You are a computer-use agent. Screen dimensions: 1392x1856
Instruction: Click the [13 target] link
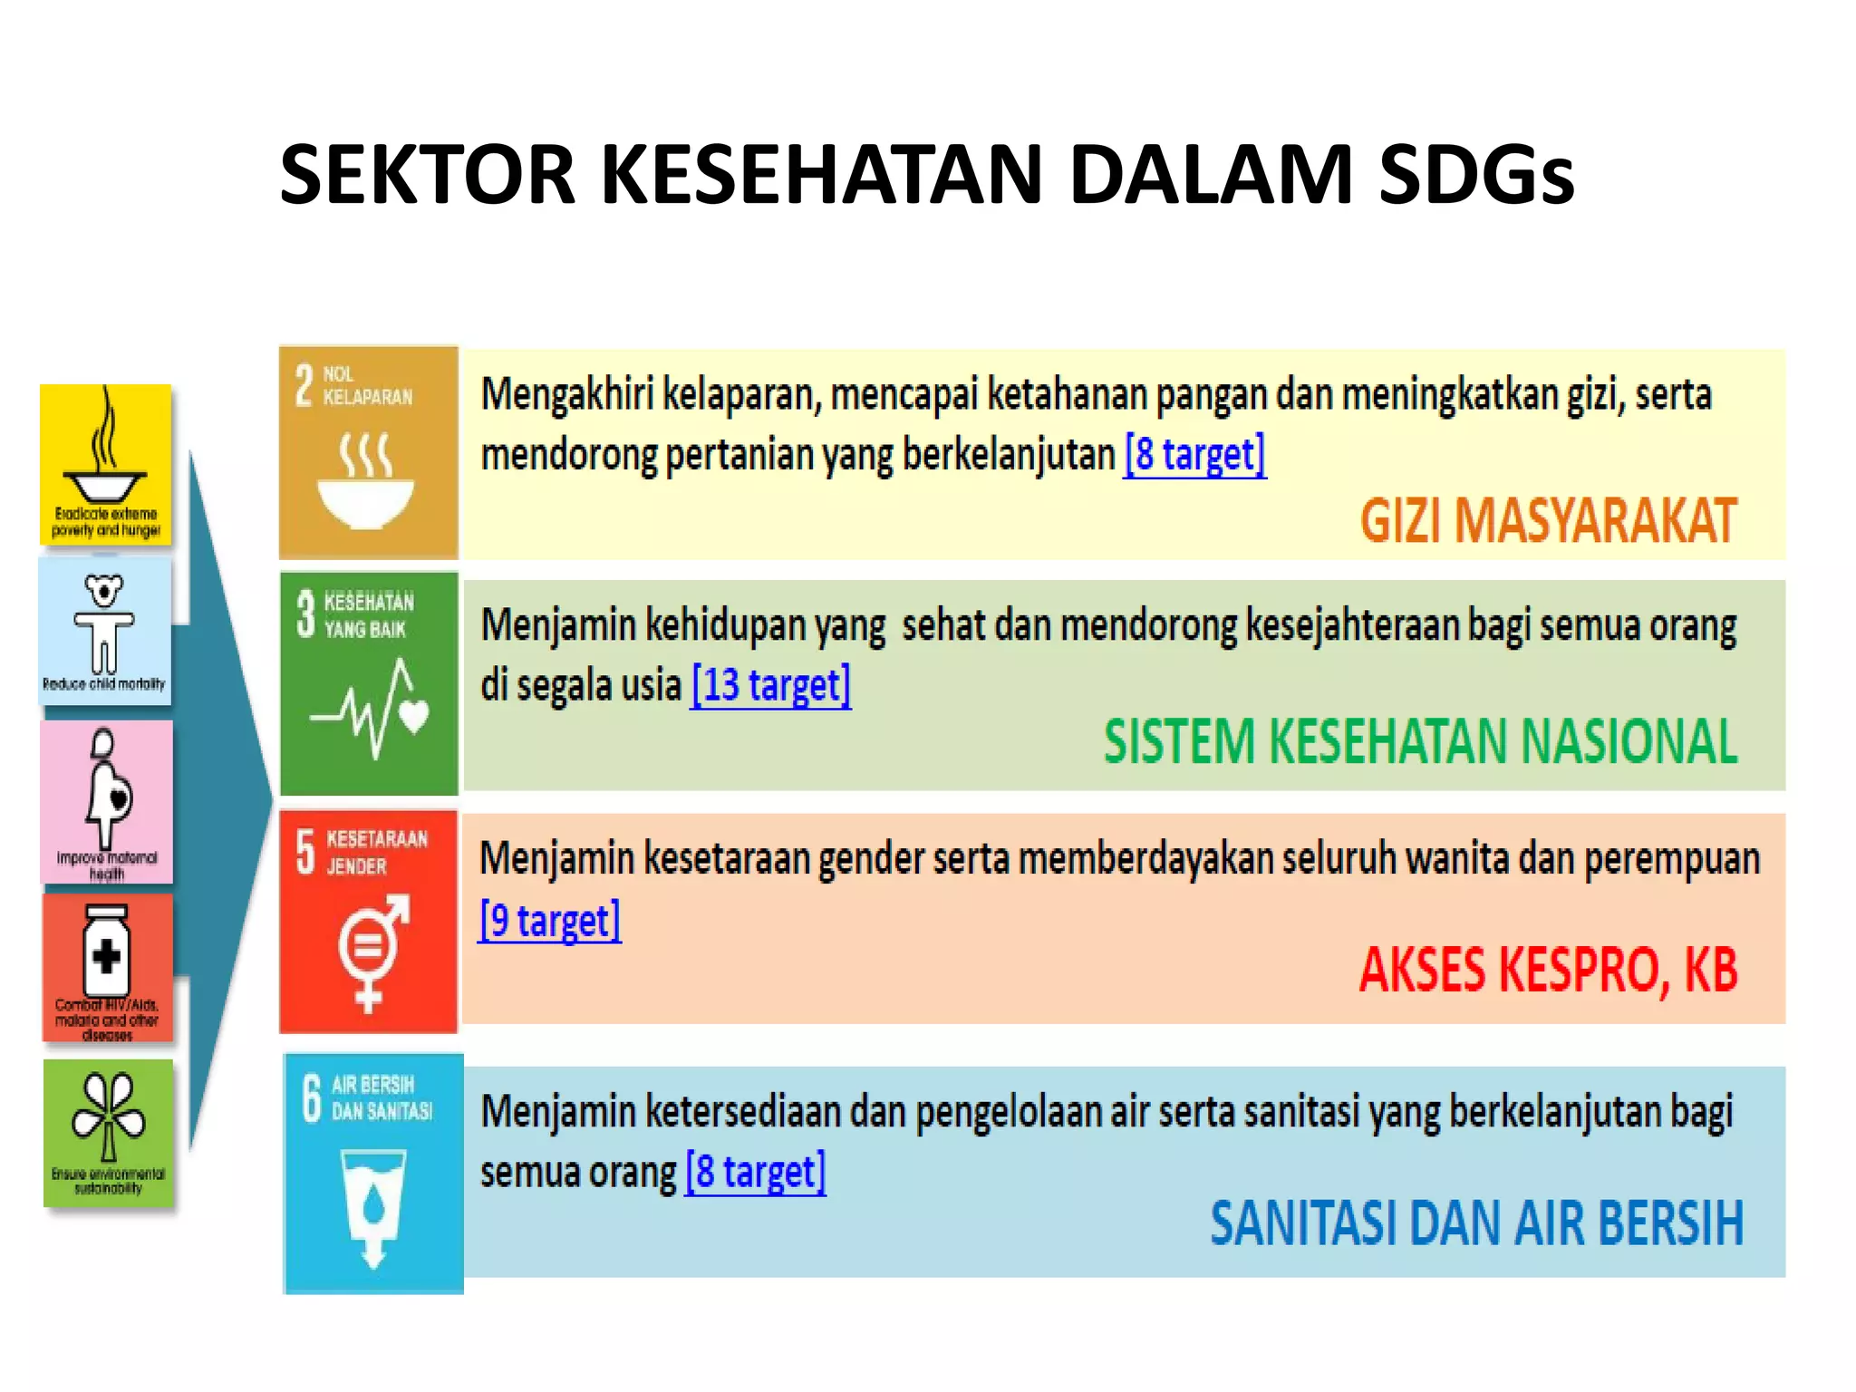coord(770,685)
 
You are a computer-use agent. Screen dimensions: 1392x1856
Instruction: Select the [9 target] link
coord(550,921)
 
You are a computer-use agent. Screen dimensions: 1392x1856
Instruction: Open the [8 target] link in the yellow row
coord(1194,454)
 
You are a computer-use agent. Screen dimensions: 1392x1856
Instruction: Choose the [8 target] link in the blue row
coord(755,1172)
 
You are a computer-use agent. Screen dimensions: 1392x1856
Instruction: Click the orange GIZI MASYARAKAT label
coord(1548,521)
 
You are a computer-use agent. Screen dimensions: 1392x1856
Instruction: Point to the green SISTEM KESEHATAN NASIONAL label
coord(1420,742)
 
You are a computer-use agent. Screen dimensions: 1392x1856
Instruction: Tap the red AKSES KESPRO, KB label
coord(1548,971)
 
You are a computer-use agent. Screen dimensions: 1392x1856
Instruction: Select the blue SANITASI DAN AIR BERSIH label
coord(1476,1223)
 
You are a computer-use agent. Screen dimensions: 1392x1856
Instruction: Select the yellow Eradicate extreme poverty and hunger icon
coord(106,464)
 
